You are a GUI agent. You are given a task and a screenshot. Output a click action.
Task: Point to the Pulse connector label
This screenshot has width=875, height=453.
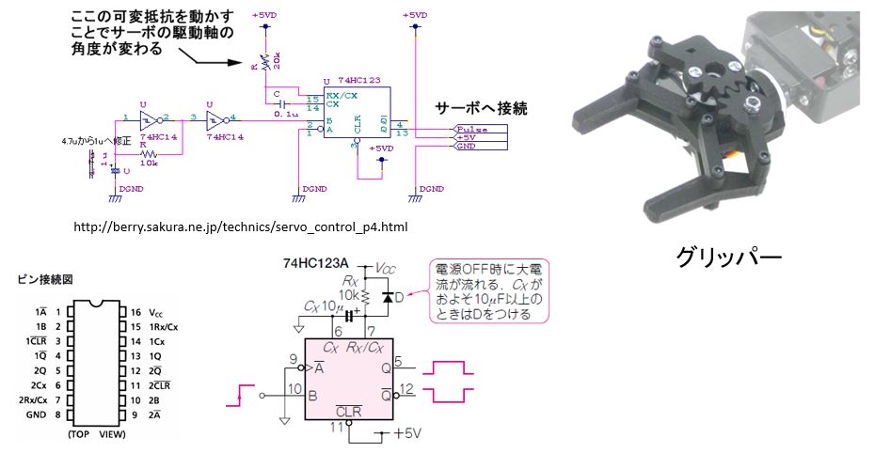pos(470,129)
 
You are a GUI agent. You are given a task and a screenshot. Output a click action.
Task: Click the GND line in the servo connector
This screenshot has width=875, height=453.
pos(465,146)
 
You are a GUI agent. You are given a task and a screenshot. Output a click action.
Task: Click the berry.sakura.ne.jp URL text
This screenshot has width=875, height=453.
pos(240,227)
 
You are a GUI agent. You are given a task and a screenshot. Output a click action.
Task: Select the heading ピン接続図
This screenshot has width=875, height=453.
pos(44,279)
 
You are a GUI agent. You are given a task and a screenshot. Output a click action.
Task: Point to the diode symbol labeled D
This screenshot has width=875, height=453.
pos(386,298)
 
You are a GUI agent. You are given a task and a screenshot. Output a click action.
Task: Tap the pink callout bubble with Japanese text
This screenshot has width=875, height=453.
pos(488,290)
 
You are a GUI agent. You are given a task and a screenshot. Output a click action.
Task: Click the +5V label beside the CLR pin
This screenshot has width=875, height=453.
pos(406,434)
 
